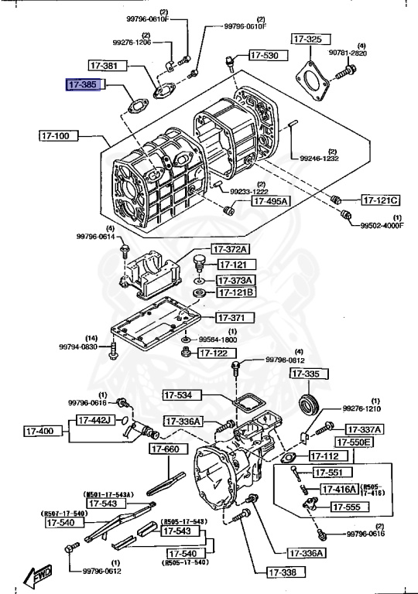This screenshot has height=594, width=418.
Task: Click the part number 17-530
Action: tap(265, 56)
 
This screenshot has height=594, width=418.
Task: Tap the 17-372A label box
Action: tap(231, 249)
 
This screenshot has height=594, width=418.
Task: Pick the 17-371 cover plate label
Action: tap(231, 318)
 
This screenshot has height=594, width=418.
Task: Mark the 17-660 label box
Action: tap(166, 449)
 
